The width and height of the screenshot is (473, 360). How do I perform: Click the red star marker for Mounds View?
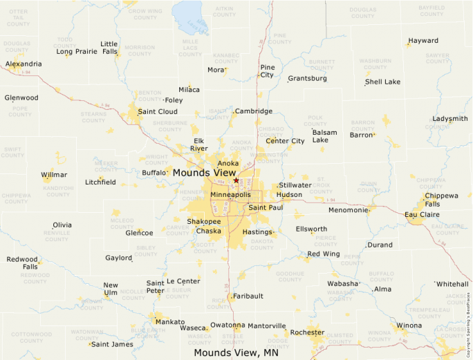[x=236, y=180]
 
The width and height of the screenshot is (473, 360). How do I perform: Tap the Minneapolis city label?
[x=230, y=195]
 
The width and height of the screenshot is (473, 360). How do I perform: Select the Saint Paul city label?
[x=266, y=207]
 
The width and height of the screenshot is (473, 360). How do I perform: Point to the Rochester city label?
[x=307, y=332]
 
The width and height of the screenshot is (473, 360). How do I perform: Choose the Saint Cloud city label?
[x=158, y=111]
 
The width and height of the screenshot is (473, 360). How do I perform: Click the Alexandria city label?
[x=24, y=64]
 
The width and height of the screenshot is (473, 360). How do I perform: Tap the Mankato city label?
[x=170, y=322]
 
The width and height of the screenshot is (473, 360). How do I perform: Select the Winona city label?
[x=409, y=325]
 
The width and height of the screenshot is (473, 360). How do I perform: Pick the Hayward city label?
[x=423, y=41]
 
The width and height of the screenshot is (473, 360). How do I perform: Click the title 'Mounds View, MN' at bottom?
[x=236, y=352]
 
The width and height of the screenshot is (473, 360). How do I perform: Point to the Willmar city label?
[x=54, y=175]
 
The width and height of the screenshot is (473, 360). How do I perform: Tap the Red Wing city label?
[x=324, y=254]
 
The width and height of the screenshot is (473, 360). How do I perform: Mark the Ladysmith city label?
[x=450, y=119]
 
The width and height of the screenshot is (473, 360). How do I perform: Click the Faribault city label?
[x=248, y=296]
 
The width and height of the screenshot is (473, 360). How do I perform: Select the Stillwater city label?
[x=295, y=185]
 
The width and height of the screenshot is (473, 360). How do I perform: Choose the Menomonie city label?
[x=348, y=210]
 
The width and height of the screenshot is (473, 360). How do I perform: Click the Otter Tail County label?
[x=19, y=18]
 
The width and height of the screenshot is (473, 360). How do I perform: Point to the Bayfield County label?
[x=432, y=10]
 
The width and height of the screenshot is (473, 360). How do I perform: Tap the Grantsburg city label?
[x=307, y=78]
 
